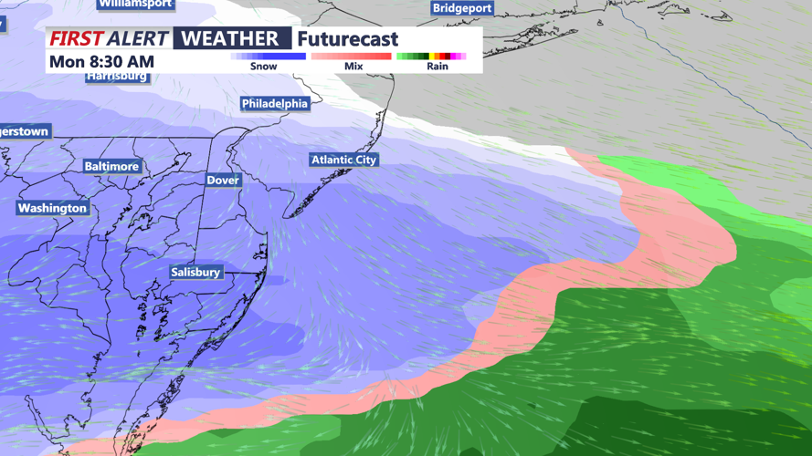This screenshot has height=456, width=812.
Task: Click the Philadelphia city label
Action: pos(275,104)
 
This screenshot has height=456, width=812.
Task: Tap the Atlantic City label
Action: pos(343,160)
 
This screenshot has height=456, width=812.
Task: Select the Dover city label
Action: pos(223,181)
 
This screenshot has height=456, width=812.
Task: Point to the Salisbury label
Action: pos(195,272)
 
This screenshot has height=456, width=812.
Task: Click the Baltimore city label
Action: pos(111,167)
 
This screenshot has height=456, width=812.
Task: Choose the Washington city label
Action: pos(53,208)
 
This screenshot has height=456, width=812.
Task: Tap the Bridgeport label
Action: pos(462,8)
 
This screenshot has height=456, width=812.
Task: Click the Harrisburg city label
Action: pos(117,77)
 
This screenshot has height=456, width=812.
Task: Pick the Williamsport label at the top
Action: pos(135,4)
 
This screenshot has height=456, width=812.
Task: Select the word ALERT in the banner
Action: pos(138,38)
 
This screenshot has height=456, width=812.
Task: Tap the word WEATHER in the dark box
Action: pos(230,38)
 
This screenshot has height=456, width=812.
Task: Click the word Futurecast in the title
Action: pos(348,39)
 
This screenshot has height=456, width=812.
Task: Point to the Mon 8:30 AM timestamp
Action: pos(101,61)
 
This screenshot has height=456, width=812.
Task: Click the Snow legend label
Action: pos(263,67)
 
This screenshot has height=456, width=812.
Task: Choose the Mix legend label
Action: pos(353,67)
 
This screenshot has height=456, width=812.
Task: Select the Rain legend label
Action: pos(438,67)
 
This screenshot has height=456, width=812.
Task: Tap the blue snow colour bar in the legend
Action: pos(268,57)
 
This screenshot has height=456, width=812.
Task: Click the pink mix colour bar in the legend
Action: pos(351,57)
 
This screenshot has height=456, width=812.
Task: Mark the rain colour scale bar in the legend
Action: pos(431,57)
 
